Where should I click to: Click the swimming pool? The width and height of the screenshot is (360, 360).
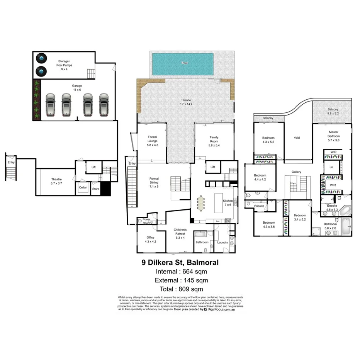[x=182, y=64]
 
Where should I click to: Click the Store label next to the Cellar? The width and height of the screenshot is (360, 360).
[x=96, y=189]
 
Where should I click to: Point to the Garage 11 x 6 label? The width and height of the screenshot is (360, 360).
[x=77, y=88]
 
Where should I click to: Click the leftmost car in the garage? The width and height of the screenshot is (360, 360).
[x=51, y=105]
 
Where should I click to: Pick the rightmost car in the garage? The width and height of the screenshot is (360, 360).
[x=104, y=105]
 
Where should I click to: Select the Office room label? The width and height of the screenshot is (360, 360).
[x=150, y=239]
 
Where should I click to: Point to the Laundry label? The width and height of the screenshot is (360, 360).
[x=222, y=243]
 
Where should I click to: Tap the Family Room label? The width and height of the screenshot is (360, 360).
[x=214, y=139]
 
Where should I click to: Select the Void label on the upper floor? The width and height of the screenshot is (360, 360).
[x=297, y=138]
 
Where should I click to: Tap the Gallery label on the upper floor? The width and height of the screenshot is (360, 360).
[x=296, y=172]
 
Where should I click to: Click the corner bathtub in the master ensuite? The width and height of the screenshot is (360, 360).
[x=346, y=211]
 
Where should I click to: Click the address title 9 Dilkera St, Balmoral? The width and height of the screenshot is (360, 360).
[x=180, y=263]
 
